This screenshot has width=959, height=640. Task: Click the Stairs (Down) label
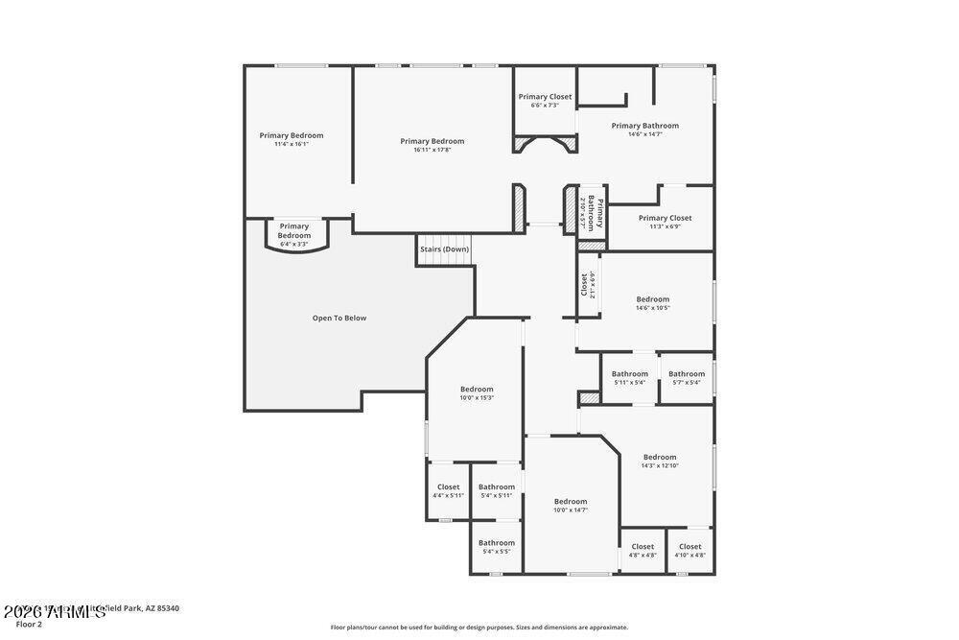click(444, 249)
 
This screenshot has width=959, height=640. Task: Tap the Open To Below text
click(339, 318)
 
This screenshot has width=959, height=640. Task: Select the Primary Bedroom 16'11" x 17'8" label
click(432, 145)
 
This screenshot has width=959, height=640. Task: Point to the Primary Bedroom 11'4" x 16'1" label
click(292, 139)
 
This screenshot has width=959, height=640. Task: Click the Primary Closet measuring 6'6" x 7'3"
click(545, 101)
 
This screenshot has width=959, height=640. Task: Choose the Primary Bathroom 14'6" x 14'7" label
click(644, 130)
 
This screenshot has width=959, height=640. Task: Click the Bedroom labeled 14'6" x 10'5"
click(653, 303)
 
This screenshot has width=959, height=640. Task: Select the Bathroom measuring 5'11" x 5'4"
click(630, 377)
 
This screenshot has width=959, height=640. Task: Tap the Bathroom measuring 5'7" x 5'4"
click(687, 377)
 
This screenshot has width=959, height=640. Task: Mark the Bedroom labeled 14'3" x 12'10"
click(660, 461)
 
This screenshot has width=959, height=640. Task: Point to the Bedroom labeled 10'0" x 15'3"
click(477, 392)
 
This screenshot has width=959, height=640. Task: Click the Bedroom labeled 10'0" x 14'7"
click(571, 505)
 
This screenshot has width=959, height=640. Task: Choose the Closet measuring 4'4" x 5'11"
click(449, 490)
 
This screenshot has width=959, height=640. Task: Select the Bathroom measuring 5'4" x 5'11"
click(497, 490)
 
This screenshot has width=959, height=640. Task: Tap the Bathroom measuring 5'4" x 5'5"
click(497, 547)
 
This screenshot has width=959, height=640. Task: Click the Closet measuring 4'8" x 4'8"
click(643, 550)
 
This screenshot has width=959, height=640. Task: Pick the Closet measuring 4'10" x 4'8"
click(690, 550)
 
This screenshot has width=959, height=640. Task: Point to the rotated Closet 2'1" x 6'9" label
click(588, 285)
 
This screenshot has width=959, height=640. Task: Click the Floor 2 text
click(29, 624)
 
